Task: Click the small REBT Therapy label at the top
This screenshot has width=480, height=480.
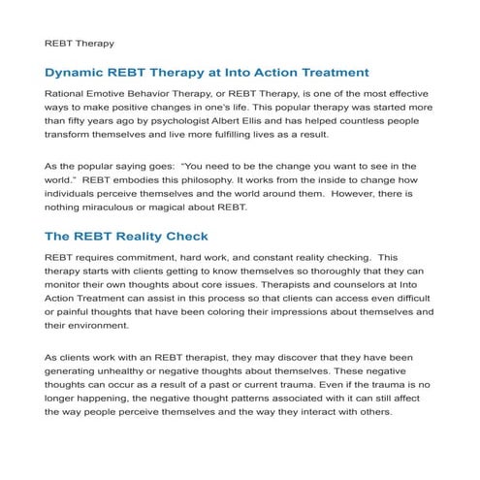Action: coord(80,44)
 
